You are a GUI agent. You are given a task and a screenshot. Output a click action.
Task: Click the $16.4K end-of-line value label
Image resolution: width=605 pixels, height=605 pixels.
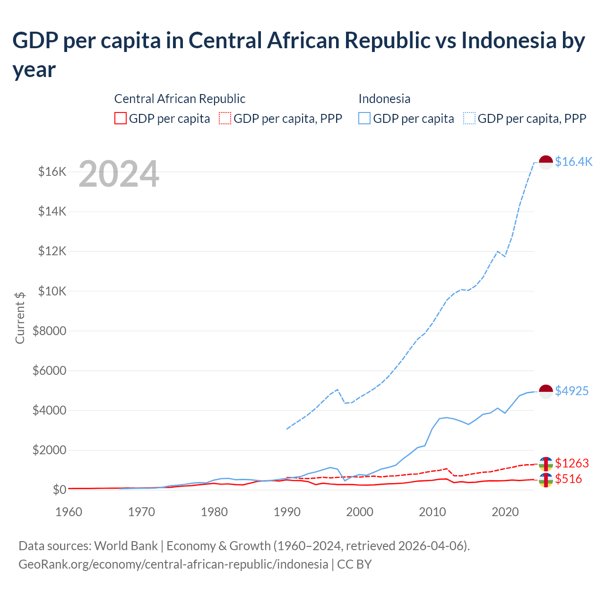coord(573,162)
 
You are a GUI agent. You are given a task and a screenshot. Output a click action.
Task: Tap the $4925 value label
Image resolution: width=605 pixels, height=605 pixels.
coord(571,391)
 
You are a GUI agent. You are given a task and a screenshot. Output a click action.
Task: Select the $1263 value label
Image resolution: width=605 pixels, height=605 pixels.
coord(571,463)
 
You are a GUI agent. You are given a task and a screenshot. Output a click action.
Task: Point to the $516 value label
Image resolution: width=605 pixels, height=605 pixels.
coord(568,479)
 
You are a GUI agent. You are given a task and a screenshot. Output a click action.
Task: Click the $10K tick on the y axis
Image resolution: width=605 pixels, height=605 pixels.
coord(52,291)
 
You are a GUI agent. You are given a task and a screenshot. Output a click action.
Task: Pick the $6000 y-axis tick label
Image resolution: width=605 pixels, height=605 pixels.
coord(49,371)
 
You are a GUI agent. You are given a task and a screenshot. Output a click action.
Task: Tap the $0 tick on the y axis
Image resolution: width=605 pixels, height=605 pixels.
coord(59,490)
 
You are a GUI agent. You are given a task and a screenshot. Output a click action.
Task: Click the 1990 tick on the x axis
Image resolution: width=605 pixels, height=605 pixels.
coord(287,512)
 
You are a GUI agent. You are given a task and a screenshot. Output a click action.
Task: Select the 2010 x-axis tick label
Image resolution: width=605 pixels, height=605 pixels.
coord(432,512)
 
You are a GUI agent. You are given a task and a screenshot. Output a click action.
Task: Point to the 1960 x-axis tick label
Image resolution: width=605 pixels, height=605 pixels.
coord(69,512)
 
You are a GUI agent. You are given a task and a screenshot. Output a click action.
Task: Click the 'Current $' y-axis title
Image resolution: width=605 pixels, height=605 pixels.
coord(20,318)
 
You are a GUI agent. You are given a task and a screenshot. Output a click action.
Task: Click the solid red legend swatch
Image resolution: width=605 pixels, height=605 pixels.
coord(121,118)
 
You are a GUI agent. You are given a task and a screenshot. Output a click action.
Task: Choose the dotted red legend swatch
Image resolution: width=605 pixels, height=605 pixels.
coord(225,118)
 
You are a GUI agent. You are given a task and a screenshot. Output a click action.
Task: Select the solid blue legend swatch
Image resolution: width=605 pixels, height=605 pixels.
coord(364,118)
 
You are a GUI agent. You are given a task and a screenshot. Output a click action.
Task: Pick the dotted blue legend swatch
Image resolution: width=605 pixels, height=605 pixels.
coord(469,118)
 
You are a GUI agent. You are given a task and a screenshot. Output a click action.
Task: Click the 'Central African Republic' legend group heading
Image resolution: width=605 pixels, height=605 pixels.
coord(180,99)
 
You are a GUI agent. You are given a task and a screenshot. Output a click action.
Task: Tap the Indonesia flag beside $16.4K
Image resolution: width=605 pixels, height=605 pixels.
coord(546,162)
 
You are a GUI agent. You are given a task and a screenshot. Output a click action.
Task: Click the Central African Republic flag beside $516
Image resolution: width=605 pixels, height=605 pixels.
coord(546,480)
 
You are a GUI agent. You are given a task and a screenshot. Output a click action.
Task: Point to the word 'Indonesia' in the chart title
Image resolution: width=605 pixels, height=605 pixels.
coord(509,41)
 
